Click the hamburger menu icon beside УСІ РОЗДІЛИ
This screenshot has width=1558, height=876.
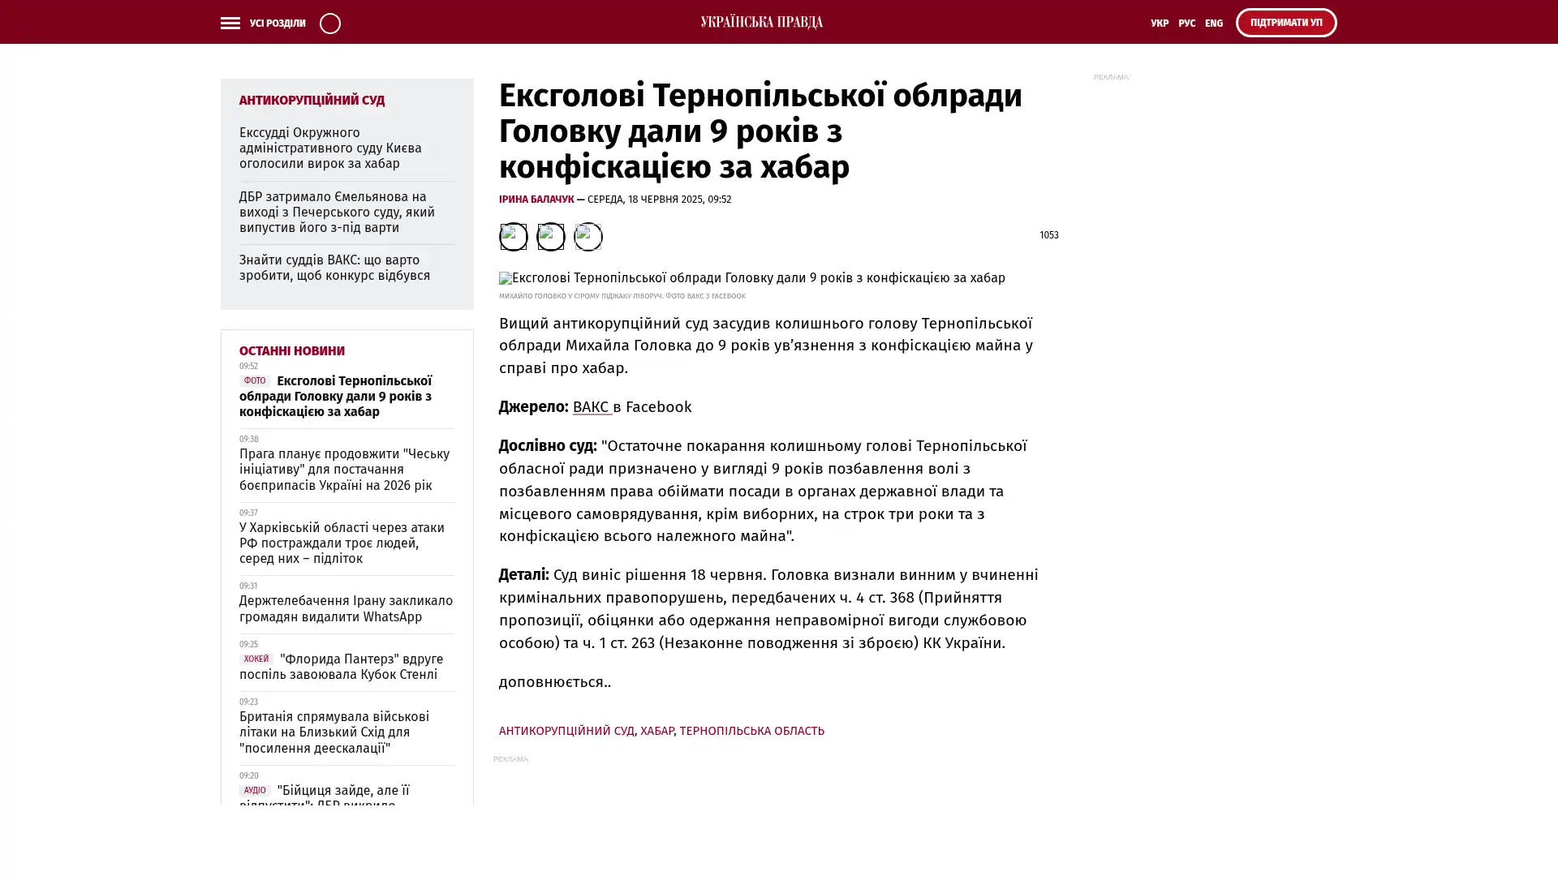tap(230, 24)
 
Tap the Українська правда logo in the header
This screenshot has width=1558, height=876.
tap(761, 23)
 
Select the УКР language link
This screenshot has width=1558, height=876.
tap(1159, 24)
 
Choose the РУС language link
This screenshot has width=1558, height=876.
tap(1186, 24)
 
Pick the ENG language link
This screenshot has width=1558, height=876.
tap(1213, 24)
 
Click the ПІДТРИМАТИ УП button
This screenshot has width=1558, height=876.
tap(1285, 23)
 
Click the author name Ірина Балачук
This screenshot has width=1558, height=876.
tap(536, 200)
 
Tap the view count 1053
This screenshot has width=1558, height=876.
tap(1048, 235)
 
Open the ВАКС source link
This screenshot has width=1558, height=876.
tap(592, 407)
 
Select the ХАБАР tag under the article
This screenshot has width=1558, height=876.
tap(656, 731)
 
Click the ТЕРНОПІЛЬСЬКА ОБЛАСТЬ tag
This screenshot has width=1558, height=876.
tap(751, 731)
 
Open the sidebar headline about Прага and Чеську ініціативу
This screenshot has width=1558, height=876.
tap(344, 470)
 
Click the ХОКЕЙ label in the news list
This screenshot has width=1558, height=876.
tap(256, 659)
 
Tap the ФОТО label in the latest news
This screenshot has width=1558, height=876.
tap(255, 381)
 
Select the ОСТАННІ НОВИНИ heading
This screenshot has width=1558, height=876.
tap(291, 351)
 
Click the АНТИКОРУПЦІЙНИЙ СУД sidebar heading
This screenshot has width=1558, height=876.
tap(312, 101)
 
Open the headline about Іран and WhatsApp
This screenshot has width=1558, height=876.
tap(346, 609)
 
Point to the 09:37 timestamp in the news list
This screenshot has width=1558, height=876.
tap(248, 513)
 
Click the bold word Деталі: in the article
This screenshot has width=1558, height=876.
tap(523, 575)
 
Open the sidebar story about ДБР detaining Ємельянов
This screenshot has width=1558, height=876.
tap(337, 213)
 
